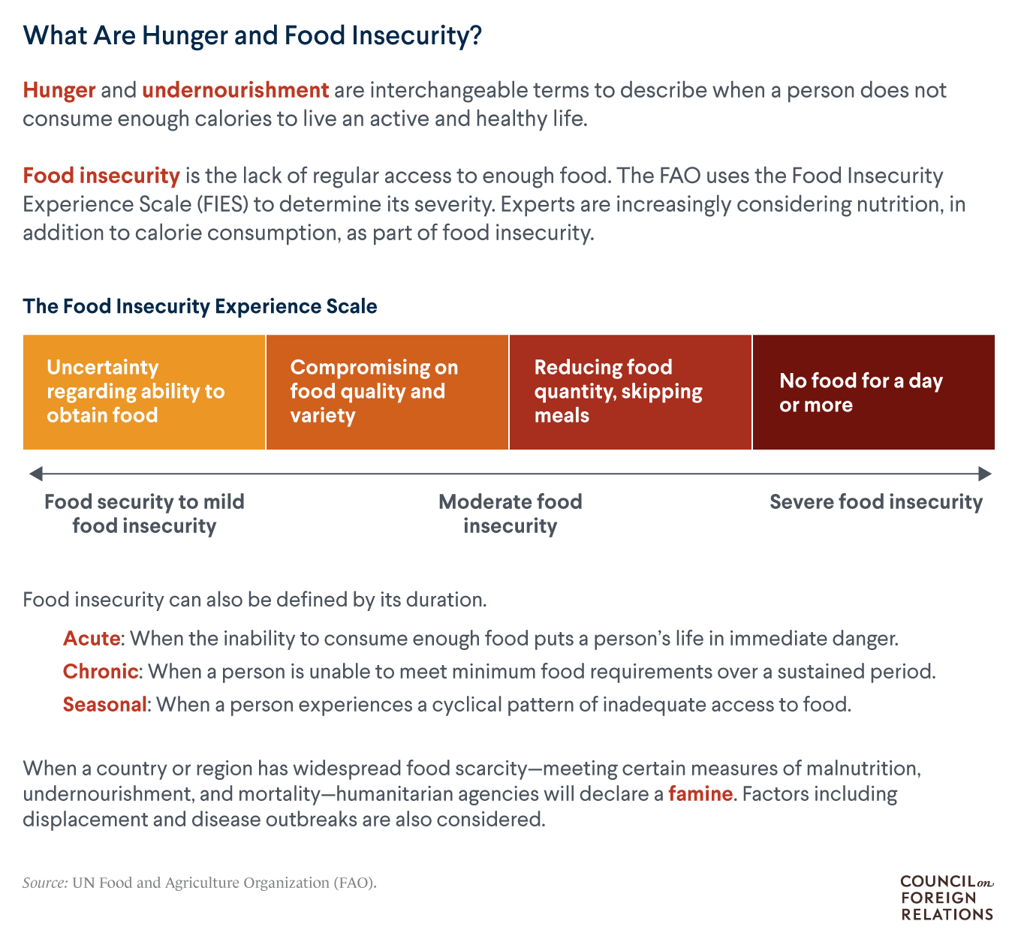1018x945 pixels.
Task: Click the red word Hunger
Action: point(59,91)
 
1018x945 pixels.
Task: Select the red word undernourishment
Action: point(235,91)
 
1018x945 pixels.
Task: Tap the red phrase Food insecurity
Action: point(101,176)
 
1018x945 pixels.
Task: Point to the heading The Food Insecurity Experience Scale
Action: point(200,306)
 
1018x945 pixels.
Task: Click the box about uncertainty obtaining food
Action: point(144,392)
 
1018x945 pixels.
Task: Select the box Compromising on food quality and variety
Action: point(387,392)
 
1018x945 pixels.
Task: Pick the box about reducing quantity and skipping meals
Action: point(631,392)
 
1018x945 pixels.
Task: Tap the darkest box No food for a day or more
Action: point(874,392)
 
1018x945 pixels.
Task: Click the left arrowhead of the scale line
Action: point(35,474)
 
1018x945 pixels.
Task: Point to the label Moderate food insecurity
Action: point(511,513)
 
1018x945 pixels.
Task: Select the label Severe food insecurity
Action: point(876,502)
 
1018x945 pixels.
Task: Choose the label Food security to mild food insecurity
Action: point(144,513)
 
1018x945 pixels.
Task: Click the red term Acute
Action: point(92,639)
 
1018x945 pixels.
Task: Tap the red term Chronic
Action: point(101,671)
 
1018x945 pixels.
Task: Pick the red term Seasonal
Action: point(105,705)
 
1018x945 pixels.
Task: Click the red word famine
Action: point(700,793)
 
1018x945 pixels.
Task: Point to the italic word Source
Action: point(45,883)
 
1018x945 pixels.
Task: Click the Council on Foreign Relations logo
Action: point(947,898)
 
